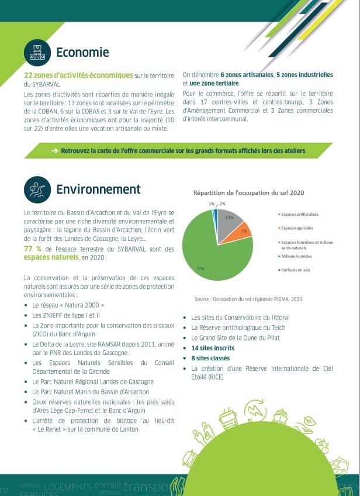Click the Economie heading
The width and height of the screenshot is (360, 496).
tap(82, 53)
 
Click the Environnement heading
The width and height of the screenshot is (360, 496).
tap(98, 189)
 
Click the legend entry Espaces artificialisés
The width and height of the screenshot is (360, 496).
tap(299, 214)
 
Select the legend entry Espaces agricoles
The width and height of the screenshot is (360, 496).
tap(297, 228)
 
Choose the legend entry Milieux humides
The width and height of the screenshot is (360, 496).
tap(296, 256)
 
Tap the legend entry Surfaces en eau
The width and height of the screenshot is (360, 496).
tap(296, 270)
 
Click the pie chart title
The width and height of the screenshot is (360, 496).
tap(248, 192)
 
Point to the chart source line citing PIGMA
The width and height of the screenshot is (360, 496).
tap(248, 299)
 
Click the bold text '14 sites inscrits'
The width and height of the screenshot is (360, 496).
tap(213, 348)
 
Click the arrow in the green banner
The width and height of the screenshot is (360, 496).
tap(54, 151)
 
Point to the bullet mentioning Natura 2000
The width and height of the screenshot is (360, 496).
tap(68, 305)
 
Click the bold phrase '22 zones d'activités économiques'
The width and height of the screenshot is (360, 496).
tap(78, 75)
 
